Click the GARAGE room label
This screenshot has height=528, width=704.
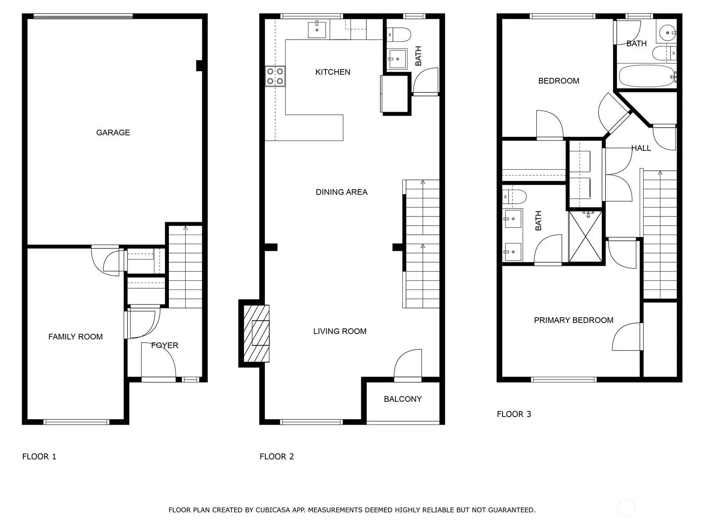(x=113, y=132)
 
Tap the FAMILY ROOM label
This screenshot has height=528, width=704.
(x=75, y=337)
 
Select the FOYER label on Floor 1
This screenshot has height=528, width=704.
(x=165, y=345)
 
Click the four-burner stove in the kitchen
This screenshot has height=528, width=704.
(x=275, y=76)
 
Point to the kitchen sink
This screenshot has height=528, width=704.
(x=317, y=30)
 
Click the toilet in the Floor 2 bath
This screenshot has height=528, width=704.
(x=399, y=35)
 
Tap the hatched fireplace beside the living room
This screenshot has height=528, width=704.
(x=256, y=334)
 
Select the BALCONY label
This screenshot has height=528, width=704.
(x=403, y=399)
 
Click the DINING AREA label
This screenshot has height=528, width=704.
(x=341, y=192)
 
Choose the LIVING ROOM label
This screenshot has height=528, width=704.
(x=340, y=331)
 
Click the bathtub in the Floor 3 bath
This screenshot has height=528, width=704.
(x=647, y=76)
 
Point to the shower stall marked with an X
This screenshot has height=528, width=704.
(x=585, y=236)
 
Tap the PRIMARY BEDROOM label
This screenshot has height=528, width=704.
(x=573, y=320)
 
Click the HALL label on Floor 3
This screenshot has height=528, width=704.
(x=641, y=148)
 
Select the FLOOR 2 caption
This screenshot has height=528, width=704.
(x=276, y=457)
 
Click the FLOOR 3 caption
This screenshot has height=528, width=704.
(x=514, y=414)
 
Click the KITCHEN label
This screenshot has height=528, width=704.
(x=333, y=72)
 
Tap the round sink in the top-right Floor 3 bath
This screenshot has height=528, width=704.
(x=668, y=33)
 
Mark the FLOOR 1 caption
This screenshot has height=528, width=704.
(x=39, y=457)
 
